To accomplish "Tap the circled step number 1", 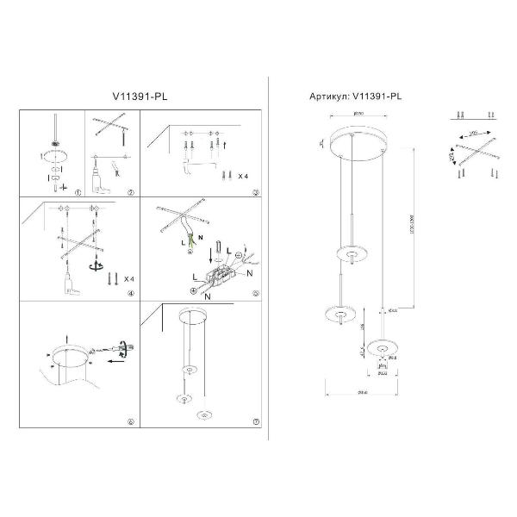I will (77, 192).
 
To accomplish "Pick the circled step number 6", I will (130, 422).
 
